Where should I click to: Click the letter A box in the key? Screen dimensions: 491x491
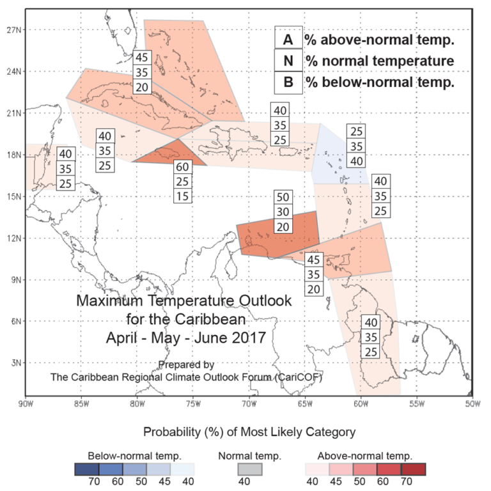(x=288, y=40)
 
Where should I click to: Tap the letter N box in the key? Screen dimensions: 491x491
(x=288, y=61)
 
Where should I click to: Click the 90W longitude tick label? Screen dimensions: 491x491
(x=26, y=403)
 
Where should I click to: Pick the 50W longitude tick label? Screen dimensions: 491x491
(x=472, y=403)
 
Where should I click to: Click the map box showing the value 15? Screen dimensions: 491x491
(x=182, y=196)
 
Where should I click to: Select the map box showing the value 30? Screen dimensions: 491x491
(x=283, y=212)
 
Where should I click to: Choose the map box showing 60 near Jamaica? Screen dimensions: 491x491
(x=182, y=167)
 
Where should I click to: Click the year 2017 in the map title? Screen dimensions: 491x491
(x=237, y=334)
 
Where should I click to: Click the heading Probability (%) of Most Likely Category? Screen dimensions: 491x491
(x=249, y=432)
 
